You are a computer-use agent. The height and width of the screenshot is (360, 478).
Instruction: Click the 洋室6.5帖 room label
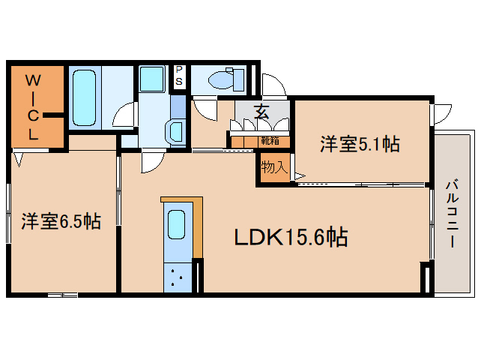(x=61, y=221)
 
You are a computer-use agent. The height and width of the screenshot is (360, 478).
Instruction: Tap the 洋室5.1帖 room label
(x=359, y=144)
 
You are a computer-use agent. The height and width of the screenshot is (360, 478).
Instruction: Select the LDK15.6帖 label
(x=291, y=238)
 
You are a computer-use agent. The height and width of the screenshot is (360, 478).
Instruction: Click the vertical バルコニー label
(x=453, y=213)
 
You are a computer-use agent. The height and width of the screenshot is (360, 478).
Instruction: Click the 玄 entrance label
(x=261, y=112)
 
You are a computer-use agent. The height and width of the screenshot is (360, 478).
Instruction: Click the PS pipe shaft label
(x=180, y=75)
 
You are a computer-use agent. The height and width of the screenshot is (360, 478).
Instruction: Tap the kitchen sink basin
(x=177, y=225)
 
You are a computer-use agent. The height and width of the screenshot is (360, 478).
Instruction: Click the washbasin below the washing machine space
(x=176, y=130)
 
